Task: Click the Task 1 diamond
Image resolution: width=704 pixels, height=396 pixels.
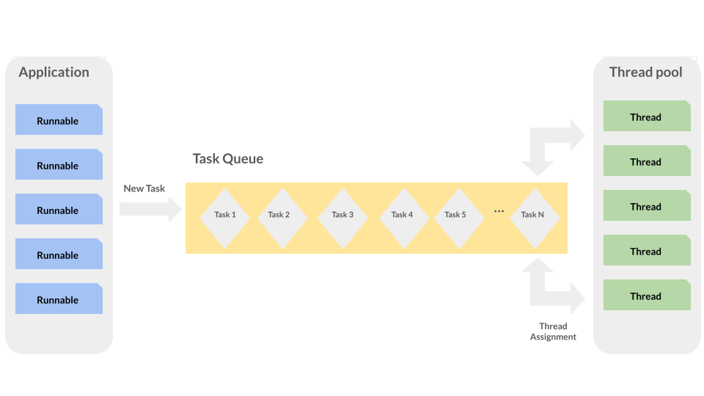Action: pyautogui.click(x=225, y=219)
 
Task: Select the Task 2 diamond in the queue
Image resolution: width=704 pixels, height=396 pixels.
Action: pyautogui.click(x=282, y=219)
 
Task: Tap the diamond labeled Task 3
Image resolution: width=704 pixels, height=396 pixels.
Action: pyautogui.click(x=342, y=219)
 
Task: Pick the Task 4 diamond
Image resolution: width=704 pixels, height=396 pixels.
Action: pyautogui.click(x=404, y=219)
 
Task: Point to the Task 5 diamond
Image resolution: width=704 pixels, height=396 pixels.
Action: pyautogui.click(x=459, y=219)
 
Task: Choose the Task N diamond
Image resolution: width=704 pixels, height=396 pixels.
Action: pyautogui.click(x=535, y=219)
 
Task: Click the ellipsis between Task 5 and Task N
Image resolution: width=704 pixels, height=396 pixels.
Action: pyautogui.click(x=499, y=211)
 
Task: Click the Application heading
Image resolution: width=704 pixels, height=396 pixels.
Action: pyautogui.click(x=54, y=73)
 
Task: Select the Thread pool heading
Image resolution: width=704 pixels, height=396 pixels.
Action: pyautogui.click(x=645, y=73)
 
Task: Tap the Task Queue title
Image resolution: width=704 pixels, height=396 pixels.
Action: pyautogui.click(x=228, y=158)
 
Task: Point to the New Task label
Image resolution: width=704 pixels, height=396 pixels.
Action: pyautogui.click(x=144, y=188)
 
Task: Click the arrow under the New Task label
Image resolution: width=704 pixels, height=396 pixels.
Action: pyautogui.click(x=150, y=209)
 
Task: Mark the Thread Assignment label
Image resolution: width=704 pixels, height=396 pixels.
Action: pyautogui.click(x=553, y=331)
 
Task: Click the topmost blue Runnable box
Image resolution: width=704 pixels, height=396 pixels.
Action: pyautogui.click(x=59, y=120)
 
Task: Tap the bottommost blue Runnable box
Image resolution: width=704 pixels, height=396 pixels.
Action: pyautogui.click(x=59, y=298)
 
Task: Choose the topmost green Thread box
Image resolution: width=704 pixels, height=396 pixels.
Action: pyautogui.click(x=647, y=116)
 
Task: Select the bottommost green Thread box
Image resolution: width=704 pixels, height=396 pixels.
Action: pyautogui.click(x=647, y=295)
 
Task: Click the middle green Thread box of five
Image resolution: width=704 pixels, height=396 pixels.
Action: pyautogui.click(x=647, y=205)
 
